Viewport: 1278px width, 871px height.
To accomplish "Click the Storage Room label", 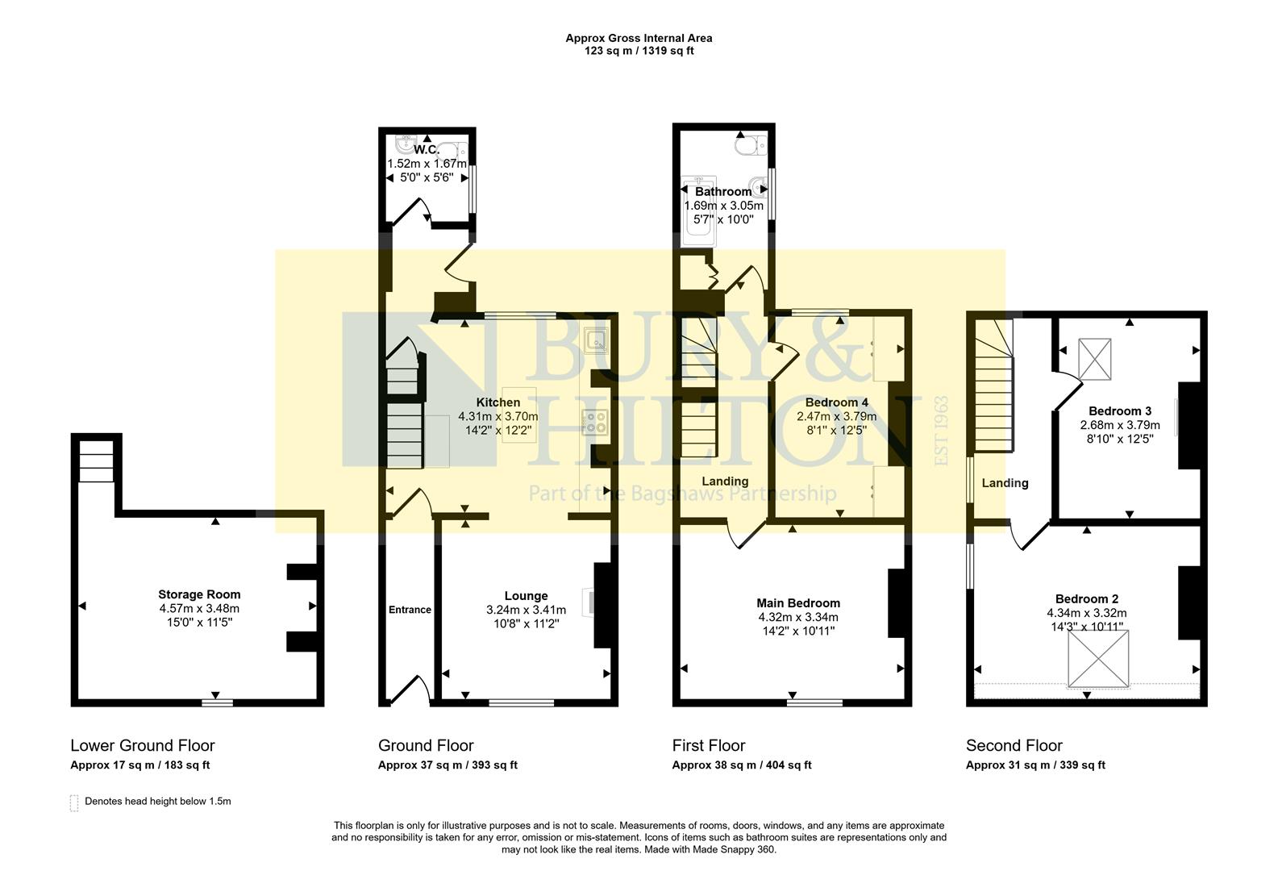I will pos(199,594).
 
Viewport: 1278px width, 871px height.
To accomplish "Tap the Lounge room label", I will pos(526,596).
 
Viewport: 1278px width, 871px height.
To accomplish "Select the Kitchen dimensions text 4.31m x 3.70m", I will pos(497,416).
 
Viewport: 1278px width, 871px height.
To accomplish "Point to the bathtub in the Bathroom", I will pos(693,211).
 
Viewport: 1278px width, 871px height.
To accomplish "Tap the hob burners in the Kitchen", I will pos(595,423).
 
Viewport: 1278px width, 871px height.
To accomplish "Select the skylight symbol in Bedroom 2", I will pos(1099,659).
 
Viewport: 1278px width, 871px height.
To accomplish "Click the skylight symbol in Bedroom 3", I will pos(1095,358).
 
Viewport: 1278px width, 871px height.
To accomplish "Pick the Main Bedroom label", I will pos(797,603).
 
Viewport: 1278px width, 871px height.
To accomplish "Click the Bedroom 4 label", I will pos(836,402).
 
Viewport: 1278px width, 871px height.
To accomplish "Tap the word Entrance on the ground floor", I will pos(410,610).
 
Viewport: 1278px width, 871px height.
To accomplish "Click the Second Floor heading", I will pos(1014,745).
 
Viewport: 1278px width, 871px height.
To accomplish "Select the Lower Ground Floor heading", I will pos(143,745).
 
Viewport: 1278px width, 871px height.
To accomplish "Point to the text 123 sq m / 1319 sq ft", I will pos(639,51).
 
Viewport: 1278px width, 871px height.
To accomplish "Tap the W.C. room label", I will pos(426,150).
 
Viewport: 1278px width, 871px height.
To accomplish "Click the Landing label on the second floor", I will pos(1005,483).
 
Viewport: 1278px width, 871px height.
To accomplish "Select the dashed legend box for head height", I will pos(75,802).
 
